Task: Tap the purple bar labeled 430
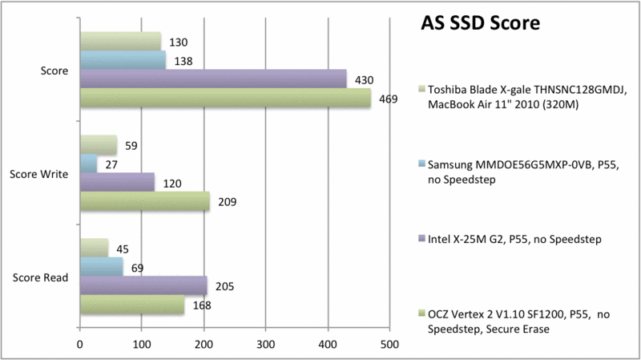pos(213,79)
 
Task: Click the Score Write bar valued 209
pos(144,201)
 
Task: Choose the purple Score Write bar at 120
pos(117,182)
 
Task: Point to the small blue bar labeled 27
pos(88,164)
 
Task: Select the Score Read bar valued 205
pos(143,286)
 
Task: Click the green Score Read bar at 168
pos(131,305)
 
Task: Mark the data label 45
pos(124,248)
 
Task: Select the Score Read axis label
pos(41,277)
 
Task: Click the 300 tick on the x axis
pos(265,345)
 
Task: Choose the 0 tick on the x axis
pos(80,345)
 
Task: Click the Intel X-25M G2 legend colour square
pos(421,239)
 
